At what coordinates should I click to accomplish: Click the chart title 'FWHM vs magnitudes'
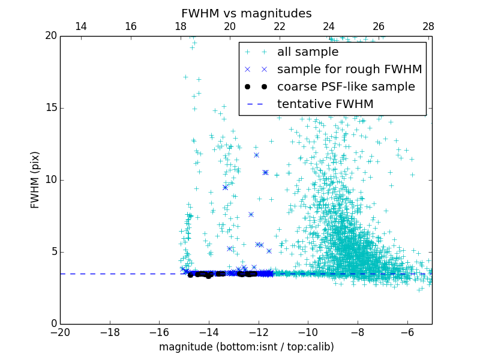246,13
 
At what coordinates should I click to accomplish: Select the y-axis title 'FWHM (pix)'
35,179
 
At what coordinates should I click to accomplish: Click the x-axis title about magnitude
246,347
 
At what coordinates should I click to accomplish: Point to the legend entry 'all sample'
308,52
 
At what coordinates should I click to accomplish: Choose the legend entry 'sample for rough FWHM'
349,70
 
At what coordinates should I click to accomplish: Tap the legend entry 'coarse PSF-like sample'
346,87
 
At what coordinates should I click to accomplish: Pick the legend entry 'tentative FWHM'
325,104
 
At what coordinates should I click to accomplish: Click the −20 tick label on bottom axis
60,332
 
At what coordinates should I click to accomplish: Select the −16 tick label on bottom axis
159,332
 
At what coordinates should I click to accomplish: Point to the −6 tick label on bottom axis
407,332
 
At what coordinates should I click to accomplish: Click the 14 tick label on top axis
80,26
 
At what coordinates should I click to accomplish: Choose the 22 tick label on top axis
280,26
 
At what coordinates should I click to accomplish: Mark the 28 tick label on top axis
428,26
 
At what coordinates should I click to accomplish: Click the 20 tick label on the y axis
50,36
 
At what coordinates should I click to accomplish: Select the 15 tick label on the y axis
50,108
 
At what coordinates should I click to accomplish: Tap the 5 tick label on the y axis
53,251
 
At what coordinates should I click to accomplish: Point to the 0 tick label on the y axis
53,323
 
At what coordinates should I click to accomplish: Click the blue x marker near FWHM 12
256,155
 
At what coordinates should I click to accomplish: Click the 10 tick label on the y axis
50,180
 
